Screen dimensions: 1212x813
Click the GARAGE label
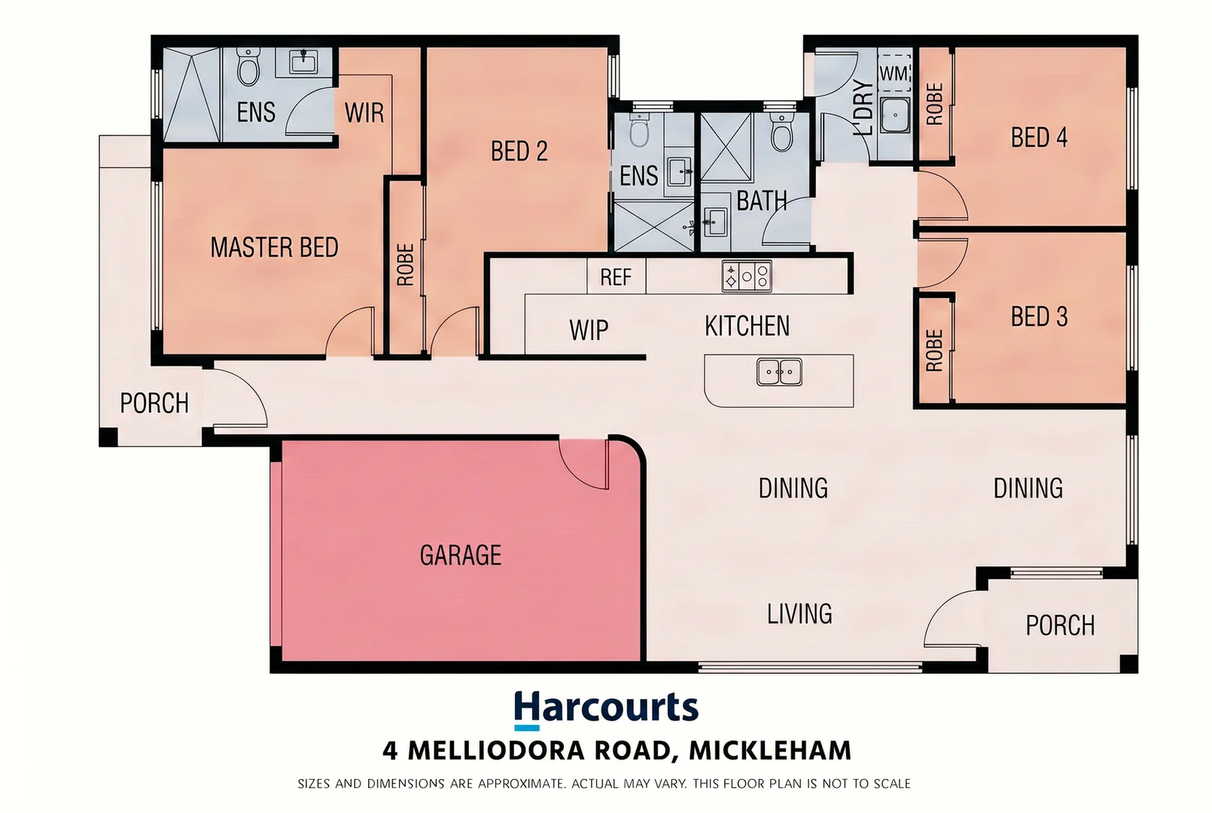click(461, 555)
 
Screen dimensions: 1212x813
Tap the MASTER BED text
click(274, 247)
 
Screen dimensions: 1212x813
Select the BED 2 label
click(519, 151)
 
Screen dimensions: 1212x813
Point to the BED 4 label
click(1039, 137)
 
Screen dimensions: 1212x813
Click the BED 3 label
click(1039, 316)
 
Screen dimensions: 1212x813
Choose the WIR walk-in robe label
click(364, 112)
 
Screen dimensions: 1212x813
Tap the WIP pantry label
click(589, 330)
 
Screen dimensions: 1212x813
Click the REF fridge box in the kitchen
click(617, 277)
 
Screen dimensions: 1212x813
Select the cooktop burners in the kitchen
click(747, 276)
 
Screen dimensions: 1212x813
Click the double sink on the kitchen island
click(779, 372)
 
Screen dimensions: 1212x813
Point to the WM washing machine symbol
click(894, 73)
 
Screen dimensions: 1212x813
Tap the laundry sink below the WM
click(894, 115)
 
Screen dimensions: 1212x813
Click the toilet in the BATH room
click(782, 132)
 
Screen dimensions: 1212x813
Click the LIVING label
click(799, 614)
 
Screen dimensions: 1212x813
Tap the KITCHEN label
click(748, 326)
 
